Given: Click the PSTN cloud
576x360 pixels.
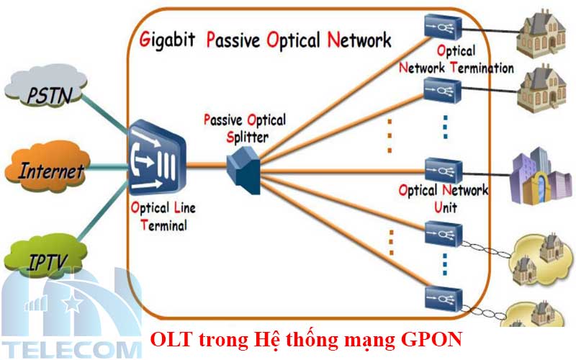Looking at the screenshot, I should [x=48, y=93].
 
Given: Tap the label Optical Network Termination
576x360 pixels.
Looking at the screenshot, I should [x=456, y=60].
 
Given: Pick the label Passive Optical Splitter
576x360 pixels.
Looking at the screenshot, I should [x=244, y=126].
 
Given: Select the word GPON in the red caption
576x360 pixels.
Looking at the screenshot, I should [x=432, y=338].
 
